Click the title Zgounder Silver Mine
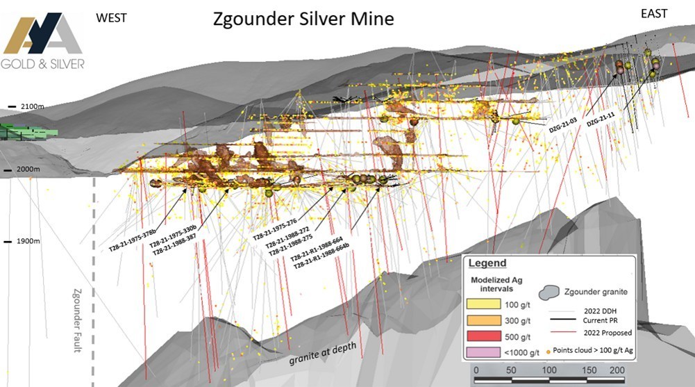tap(303, 19)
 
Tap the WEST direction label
tap(111, 17)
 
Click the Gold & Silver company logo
tap(44, 42)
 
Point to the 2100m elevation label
tap(31, 106)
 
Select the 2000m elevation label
tap(30, 170)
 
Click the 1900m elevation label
tap(30, 241)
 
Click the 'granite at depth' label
tap(320, 352)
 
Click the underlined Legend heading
tap(487, 264)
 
